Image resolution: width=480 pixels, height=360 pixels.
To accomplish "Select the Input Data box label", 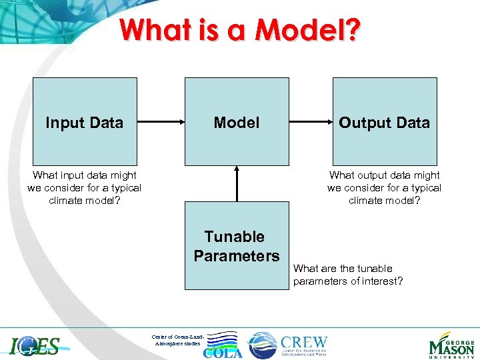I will click(84, 123).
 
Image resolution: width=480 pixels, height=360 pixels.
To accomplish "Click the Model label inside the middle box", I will click(237, 123).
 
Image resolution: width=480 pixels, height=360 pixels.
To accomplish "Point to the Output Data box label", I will click(385, 123).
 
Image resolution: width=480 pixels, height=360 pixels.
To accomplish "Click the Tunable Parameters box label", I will click(237, 246).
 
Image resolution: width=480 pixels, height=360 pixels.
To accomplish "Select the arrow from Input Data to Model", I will click(161, 122).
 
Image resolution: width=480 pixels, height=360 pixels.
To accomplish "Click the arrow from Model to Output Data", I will click(311, 122).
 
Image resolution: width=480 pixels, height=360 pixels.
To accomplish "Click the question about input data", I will click(84, 188).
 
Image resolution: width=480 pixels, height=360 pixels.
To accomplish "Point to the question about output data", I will click(385, 188).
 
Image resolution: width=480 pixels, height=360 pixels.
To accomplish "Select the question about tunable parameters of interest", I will click(348, 275).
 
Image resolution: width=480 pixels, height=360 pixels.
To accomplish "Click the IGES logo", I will click(35, 345).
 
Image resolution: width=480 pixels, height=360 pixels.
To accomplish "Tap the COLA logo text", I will click(223, 353).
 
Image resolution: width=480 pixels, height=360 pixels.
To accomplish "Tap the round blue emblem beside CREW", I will click(262, 345).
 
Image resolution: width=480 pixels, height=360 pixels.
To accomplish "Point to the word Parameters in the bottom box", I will click(237, 256).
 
